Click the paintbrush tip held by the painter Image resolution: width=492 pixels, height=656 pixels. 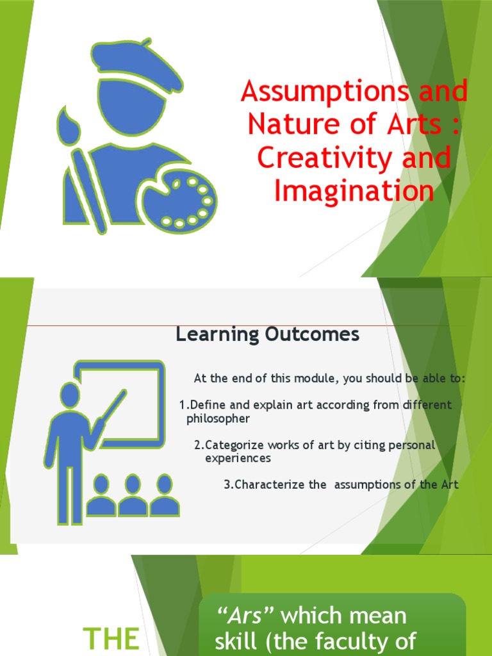(x=65, y=122)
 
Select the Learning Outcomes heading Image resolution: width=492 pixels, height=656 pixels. (x=268, y=334)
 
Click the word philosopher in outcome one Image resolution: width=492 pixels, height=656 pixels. (x=218, y=419)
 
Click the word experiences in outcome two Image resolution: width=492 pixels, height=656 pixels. (x=238, y=459)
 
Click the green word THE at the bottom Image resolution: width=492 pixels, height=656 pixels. (x=113, y=639)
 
